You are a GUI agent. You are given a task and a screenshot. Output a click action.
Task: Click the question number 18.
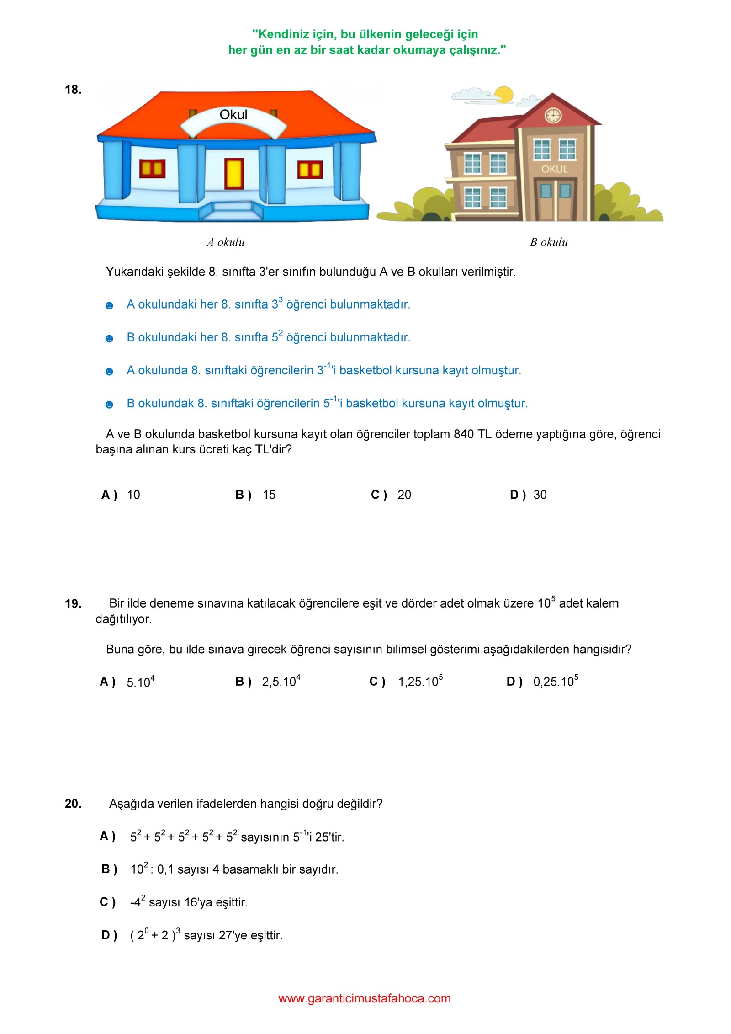click(x=73, y=90)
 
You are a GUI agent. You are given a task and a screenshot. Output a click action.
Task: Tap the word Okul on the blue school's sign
click(x=233, y=115)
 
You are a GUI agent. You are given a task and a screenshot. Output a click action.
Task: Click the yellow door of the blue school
click(x=233, y=173)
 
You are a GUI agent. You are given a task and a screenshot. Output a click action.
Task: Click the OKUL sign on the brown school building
click(x=555, y=169)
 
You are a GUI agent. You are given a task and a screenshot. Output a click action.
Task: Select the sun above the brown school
click(x=504, y=94)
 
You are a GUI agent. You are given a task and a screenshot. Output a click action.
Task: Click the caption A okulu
click(x=226, y=242)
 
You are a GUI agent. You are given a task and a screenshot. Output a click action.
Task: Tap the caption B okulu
click(x=549, y=242)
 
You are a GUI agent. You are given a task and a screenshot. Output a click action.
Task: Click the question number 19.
click(x=73, y=604)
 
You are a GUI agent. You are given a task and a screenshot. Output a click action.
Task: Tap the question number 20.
click(x=73, y=804)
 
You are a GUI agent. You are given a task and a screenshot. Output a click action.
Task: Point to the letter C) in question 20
click(x=108, y=902)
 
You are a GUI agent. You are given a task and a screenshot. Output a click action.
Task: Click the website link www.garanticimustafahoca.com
click(x=365, y=998)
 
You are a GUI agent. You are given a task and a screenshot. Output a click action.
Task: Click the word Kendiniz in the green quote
click(x=284, y=34)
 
